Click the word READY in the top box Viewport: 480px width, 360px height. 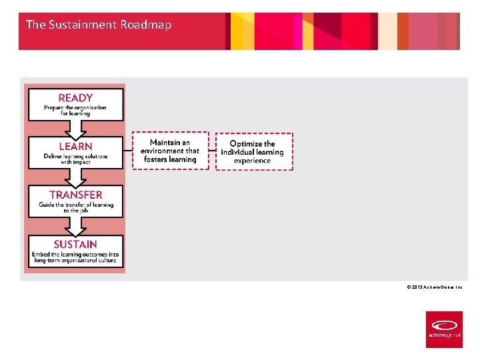pos(75,98)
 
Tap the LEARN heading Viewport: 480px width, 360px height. pos(75,147)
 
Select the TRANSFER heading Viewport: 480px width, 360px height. pos(75,195)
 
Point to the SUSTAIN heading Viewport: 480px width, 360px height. pos(75,245)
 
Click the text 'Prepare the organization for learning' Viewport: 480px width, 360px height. pos(75,111)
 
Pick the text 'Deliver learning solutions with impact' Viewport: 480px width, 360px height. pos(75,159)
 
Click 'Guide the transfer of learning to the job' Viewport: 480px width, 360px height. pos(75,207)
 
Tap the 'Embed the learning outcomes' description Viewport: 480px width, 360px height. pos(75,257)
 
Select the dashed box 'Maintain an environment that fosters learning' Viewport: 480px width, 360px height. pos(170,151)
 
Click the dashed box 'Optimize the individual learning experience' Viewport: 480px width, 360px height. pos(253,151)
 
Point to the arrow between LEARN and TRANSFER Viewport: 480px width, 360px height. pos(75,177)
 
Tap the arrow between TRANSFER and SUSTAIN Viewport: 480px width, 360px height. pos(75,225)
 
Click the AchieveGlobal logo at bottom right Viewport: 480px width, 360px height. pos(444,329)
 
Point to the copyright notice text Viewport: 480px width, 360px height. pos(434,287)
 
